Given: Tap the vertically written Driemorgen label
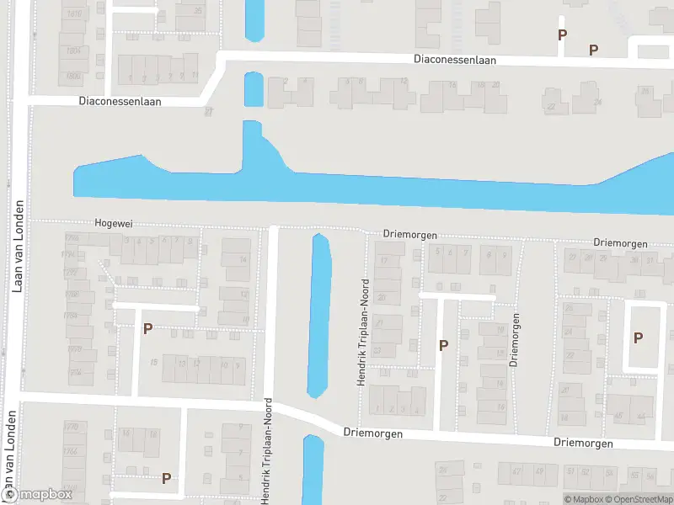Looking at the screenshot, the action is tap(513, 339).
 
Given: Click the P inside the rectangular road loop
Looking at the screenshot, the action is tap(638, 338).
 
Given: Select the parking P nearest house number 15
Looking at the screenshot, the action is tap(147, 328).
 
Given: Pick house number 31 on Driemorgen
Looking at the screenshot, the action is tap(649, 260).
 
